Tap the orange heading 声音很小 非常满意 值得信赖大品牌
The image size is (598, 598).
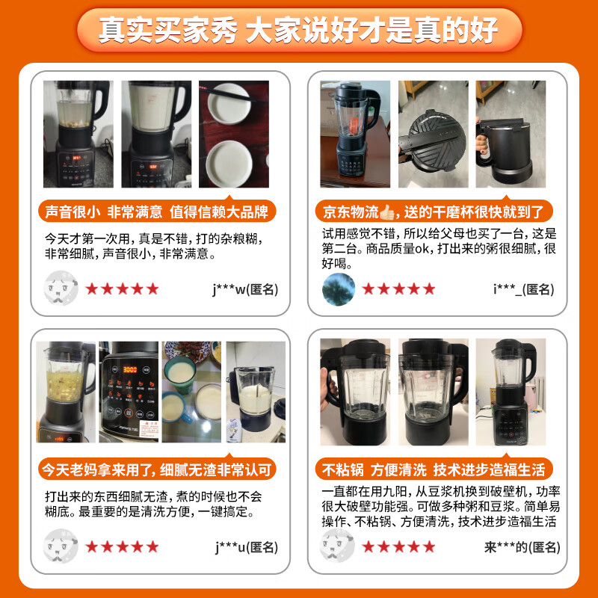157,211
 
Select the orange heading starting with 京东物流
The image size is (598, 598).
434,211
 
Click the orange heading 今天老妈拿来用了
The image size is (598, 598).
157,469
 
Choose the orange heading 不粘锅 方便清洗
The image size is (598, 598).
434,469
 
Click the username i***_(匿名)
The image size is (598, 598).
523,289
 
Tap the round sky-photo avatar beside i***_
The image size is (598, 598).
338,289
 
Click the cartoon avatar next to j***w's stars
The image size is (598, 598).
61,289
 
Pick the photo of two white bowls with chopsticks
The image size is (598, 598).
233,135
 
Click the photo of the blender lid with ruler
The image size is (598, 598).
433,135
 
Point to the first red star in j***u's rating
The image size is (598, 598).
92,546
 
